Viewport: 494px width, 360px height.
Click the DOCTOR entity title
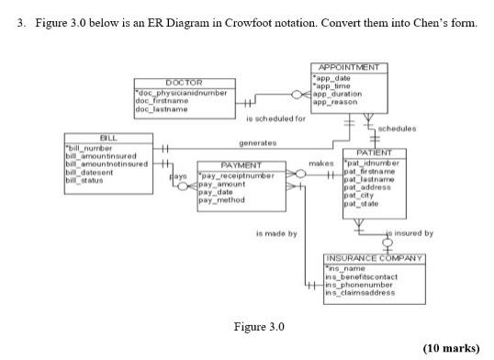tap(184, 84)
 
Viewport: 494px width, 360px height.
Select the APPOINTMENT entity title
tap(351, 68)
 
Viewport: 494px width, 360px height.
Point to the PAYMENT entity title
tap(235, 165)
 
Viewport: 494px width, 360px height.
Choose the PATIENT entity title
tap(374, 153)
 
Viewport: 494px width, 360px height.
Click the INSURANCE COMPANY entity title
tap(375, 258)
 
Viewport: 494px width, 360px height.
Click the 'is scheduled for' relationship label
tap(276, 118)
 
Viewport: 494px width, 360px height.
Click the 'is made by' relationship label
tap(276, 233)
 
